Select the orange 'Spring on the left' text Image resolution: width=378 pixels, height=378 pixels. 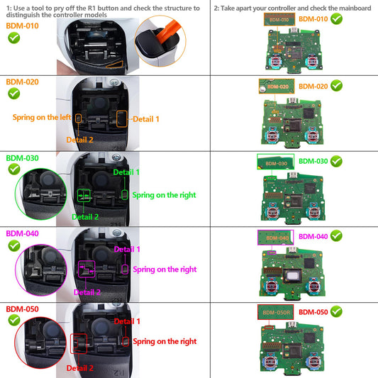point(40,116)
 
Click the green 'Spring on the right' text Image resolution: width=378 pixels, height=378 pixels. point(164,194)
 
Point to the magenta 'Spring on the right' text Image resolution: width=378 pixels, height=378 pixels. point(164,269)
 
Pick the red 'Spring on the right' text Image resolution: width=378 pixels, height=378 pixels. point(164,342)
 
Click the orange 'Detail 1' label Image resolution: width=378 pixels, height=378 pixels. point(147,119)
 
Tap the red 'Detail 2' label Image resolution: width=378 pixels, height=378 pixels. point(80,368)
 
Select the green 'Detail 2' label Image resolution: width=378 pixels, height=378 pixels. point(86,216)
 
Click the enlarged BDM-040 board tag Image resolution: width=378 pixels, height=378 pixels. point(273,238)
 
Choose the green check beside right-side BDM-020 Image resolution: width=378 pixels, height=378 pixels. point(336,86)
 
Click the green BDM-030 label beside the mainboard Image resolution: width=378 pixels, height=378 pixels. point(313,161)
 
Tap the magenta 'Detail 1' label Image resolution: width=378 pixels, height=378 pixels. point(128,249)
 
